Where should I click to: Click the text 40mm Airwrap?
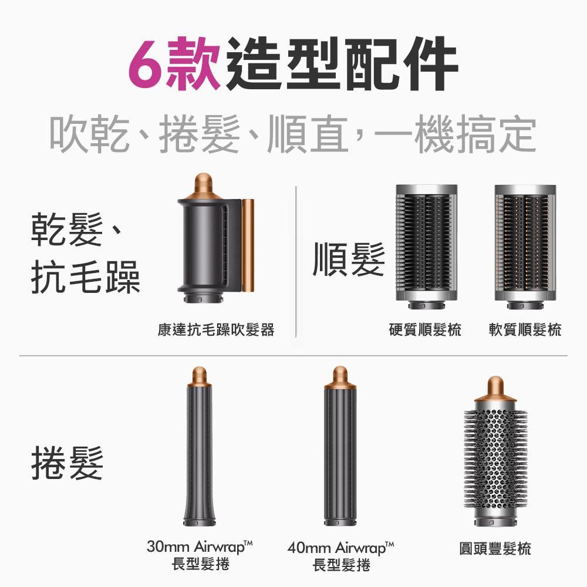[340, 549]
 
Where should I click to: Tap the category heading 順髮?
[349, 259]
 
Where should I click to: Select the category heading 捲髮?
[67, 462]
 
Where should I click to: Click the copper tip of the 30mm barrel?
[199, 377]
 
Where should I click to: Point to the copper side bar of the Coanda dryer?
[248, 245]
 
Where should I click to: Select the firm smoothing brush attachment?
[426, 242]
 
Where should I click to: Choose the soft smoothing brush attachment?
[525, 242]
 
